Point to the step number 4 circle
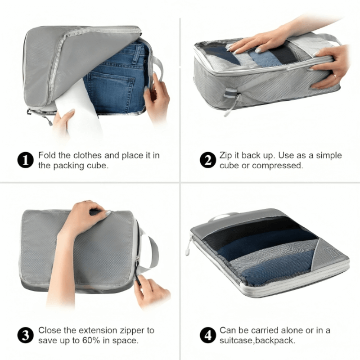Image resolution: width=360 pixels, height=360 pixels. pos(207,336)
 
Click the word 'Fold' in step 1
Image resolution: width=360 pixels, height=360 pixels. pos(47,156)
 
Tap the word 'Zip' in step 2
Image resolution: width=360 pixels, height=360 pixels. pos(226,156)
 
